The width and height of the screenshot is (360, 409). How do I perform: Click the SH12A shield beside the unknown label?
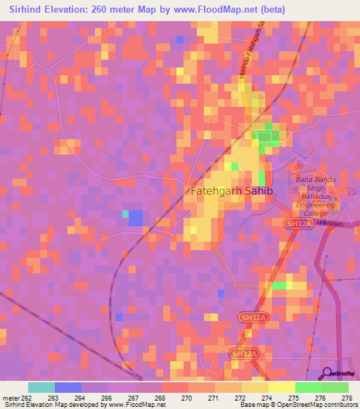click(x=297, y=223)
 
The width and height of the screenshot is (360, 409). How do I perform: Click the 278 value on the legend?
click(x=347, y=398)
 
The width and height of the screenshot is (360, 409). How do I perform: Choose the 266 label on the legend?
click(x=108, y=398)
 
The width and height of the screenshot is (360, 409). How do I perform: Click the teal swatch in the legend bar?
click(x=41, y=387)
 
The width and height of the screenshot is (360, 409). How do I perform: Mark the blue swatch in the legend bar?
click(x=68, y=387)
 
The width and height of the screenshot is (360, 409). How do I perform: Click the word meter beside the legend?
click(x=11, y=398)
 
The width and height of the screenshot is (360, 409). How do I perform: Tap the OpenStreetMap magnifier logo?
click(x=327, y=372)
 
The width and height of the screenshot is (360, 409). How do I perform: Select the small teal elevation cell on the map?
click(x=125, y=214)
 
